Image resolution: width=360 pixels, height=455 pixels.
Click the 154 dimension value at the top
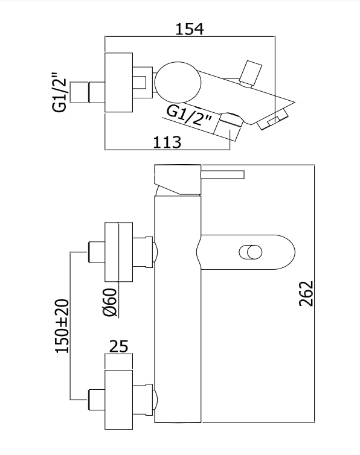[x=190, y=29]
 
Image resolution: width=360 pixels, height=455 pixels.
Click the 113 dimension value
[x=167, y=142]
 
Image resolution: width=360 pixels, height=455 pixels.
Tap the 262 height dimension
[x=306, y=293]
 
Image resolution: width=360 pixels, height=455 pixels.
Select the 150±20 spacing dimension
[x=62, y=326]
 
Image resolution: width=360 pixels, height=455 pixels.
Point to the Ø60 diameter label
[x=109, y=302]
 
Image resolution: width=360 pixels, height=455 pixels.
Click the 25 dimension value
[x=118, y=346]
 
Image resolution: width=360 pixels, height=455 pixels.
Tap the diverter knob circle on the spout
[x=251, y=252]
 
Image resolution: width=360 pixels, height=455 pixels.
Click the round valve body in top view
[x=178, y=83]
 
